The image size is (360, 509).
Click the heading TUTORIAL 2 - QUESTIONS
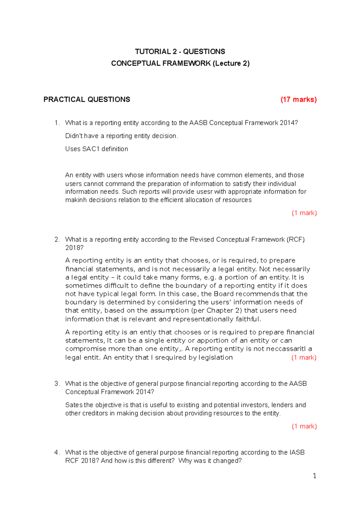(x=180, y=52)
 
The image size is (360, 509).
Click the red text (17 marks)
(x=298, y=100)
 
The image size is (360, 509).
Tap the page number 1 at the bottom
(x=314, y=476)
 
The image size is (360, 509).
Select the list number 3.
(x=57, y=384)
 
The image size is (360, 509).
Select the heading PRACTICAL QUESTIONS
(x=87, y=100)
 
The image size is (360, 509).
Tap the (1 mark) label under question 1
(x=304, y=213)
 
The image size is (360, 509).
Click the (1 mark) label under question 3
(x=304, y=426)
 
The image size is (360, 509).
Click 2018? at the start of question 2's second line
(x=74, y=248)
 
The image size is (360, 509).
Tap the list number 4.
(x=57, y=452)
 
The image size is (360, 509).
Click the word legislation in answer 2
(x=215, y=358)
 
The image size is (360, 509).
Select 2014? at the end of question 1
(x=289, y=123)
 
